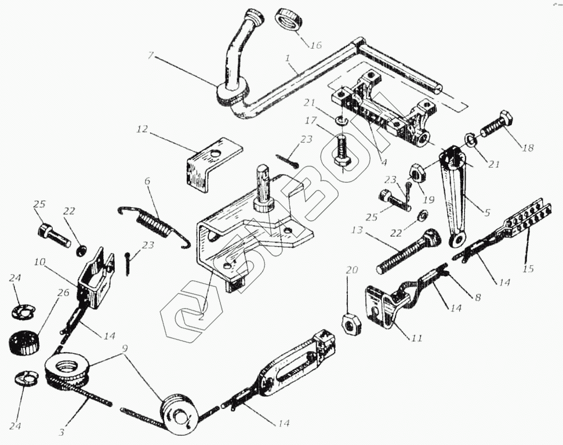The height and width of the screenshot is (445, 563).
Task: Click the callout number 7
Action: pyautogui.click(x=151, y=56)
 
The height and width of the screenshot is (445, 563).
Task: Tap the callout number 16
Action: pyautogui.click(x=315, y=44)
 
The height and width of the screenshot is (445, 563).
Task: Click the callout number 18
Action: pyautogui.click(x=527, y=148)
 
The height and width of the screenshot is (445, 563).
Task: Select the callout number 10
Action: pyautogui.click(x=39, y=262)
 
